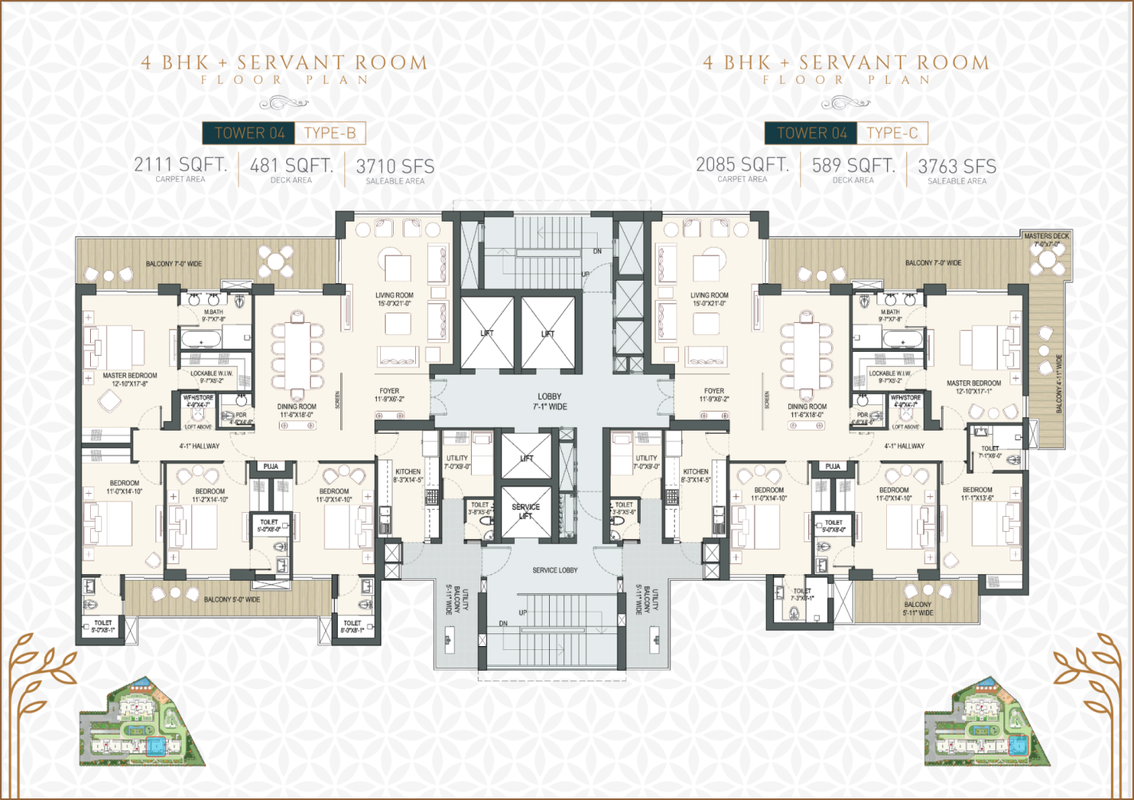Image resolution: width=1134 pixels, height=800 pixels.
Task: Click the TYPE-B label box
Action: pos(330,133)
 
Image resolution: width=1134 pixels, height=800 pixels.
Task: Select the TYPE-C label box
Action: pos(892,133)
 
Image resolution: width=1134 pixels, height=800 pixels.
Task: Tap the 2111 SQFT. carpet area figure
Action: pos(180,165)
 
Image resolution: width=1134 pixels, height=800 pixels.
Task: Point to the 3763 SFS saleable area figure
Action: pos(957,167)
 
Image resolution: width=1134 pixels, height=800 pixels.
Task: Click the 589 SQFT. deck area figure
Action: pos(853,166)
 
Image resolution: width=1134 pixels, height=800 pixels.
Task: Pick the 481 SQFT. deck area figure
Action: pos(292,166)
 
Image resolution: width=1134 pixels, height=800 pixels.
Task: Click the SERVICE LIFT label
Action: pos(526,511)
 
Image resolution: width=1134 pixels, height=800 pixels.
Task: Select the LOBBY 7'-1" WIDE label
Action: pos(550,401)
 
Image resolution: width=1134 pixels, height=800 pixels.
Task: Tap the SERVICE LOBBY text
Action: pos(555,570)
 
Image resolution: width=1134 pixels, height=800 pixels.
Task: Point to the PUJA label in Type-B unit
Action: pos(271,467)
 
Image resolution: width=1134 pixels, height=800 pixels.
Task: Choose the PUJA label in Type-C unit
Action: pos(833,467)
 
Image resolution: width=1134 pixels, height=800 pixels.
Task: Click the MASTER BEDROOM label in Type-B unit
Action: pos(130,379)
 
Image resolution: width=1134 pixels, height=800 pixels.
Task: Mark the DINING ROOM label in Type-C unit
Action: pos(807,410)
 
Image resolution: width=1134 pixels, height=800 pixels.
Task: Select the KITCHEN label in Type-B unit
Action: pos(408,475)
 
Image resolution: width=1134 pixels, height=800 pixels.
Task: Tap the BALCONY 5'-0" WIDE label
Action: pos(232,599)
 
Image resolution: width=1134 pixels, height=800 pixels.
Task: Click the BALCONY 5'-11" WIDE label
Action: pos(917,609)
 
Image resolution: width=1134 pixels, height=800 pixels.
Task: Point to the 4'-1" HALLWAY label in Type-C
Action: pos(904,446)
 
